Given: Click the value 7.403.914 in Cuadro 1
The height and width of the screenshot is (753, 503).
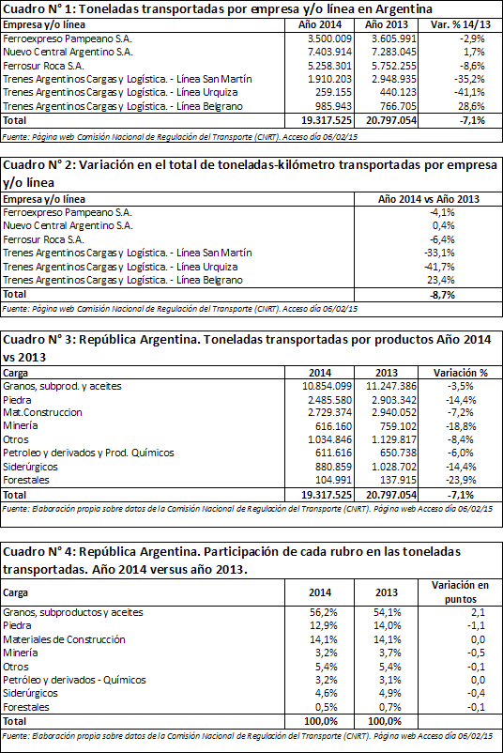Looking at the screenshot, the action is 329,52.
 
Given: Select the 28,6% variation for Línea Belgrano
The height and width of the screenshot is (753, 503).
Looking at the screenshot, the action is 471,106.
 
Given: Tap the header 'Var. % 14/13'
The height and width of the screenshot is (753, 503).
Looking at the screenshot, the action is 461,25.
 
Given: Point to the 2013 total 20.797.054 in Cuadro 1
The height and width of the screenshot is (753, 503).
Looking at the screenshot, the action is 391,120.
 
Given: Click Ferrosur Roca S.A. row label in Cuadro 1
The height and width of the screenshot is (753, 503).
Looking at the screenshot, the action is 43,66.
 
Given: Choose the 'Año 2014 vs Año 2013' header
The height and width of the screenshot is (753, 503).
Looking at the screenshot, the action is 429,199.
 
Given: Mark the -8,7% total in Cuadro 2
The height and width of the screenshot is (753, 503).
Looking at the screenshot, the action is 442,295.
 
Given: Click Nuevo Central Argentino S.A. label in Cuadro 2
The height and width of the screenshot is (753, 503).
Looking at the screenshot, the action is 68,225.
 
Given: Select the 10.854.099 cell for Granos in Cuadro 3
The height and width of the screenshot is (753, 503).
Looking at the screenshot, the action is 328,386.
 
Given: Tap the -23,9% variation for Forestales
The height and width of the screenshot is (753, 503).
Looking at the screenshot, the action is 459,480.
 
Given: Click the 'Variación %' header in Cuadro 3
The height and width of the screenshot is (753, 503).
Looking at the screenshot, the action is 461,373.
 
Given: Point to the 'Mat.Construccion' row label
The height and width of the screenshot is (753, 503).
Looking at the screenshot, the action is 42,412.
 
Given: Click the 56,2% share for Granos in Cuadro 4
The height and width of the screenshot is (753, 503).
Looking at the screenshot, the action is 324,612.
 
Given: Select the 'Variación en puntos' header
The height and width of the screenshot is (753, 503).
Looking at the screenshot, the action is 460,592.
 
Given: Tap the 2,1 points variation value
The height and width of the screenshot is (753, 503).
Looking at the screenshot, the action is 478,612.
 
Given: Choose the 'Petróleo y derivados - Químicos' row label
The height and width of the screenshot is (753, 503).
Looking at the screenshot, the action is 74,680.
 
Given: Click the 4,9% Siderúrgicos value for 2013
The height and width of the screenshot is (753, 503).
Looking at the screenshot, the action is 388,693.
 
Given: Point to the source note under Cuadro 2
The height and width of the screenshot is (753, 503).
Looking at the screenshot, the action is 180,309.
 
